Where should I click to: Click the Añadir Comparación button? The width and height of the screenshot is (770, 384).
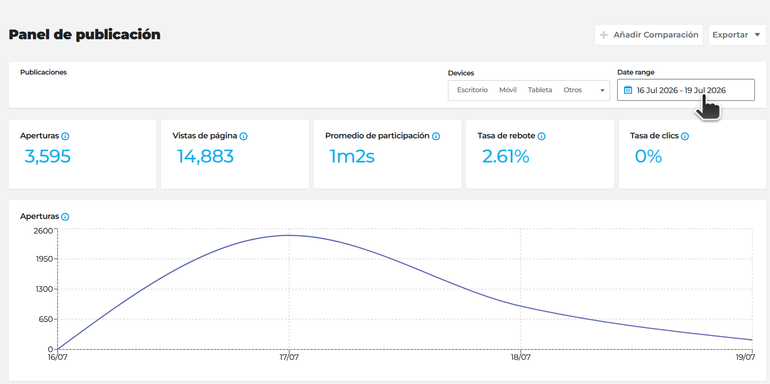[x=649, y=35]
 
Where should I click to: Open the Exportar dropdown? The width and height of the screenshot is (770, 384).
[x=737, y=35]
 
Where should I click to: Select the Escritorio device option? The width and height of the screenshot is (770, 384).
[x=472, y=90]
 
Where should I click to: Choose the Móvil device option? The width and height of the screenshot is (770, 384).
[x=508, y=90]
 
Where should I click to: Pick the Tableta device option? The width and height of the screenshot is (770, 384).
[x=540, y=90]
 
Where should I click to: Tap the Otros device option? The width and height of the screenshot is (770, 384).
[x=573, y=90]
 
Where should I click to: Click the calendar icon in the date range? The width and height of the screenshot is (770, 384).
[x=628, y=90]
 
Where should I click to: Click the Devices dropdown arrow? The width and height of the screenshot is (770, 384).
[x=602, y=91]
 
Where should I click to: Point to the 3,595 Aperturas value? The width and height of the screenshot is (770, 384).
[x=47, y=156]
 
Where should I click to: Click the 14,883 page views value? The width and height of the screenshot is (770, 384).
[x=205, y=156]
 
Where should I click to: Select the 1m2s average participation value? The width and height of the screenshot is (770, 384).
[x=352, y=156]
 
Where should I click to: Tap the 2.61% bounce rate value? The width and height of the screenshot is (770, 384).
[x=506, y=156]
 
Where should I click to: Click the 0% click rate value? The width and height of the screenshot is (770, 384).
[x=649, y=156]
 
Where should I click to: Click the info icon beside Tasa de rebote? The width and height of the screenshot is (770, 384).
[x=542, y=136]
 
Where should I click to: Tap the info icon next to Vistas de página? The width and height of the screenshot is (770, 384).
[x=243, y=136]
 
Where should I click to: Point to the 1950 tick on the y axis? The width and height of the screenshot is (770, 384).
[x=44, y=259]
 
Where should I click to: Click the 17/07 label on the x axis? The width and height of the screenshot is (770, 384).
[x=289, y=357]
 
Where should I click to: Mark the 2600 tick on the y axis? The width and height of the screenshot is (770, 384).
[x=43, y=231]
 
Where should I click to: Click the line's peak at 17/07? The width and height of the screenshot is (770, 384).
[x=289, y=235]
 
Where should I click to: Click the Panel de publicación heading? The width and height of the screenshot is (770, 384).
[x=84, y=34]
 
